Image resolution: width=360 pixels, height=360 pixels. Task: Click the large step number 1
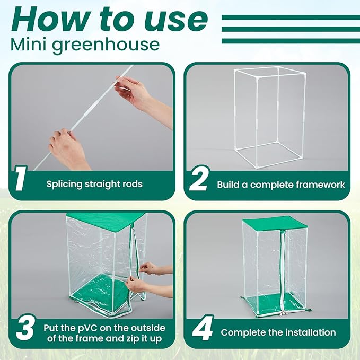[20, 179]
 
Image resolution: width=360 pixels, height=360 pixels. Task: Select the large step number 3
[25, 328]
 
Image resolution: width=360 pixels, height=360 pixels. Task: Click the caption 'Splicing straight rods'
[94, 185]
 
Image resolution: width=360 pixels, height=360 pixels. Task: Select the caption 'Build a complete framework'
[281, 185]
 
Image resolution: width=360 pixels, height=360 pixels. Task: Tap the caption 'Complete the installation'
[278, 332]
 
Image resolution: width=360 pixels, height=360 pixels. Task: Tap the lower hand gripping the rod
[68, 150]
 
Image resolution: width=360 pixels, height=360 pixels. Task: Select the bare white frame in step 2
[265, 117]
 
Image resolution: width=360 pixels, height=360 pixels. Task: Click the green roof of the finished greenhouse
[275, 222]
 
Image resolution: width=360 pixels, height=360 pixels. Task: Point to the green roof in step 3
[106, 219]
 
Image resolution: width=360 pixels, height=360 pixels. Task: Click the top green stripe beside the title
[289, 17]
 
